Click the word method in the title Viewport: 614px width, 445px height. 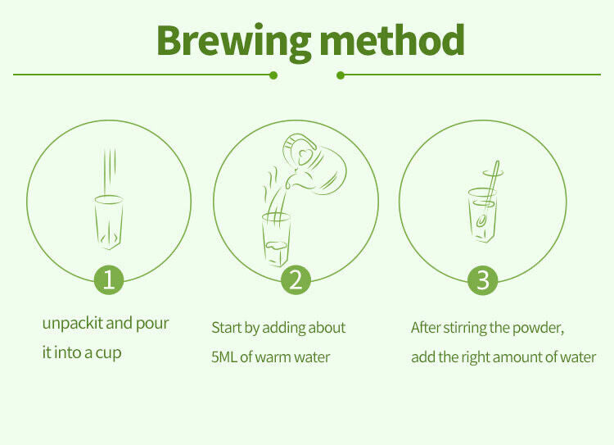click(x=392, y=39)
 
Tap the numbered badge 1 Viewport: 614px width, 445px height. click(x=109, y=280)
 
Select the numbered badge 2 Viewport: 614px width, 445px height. click(x=296, y=280)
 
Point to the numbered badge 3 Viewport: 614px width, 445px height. click(x=483, y=280)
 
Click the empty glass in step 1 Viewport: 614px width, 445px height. click(x=109, y=221)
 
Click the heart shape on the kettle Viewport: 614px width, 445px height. click(x=306, y=157)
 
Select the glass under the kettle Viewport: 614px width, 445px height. click(x=276, y=239)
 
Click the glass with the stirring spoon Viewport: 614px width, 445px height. click(x=482, y=215)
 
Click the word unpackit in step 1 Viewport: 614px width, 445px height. click(x=72, y=325)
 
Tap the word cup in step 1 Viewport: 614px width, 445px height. click(x=108, y=353)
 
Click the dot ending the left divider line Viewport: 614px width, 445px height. click(x=273, y=75)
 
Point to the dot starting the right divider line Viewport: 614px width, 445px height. click(x=341, y=75)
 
